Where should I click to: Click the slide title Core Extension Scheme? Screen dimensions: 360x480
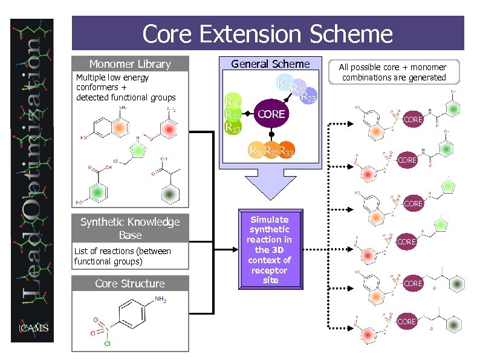[267, 34]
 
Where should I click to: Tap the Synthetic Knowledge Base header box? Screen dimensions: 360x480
[130, 229]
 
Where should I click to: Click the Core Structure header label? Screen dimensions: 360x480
[130, 284]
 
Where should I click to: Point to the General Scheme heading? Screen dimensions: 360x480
[270, 64]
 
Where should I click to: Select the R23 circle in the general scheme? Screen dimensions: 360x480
[308, 96]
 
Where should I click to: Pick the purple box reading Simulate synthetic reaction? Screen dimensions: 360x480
[270, 250]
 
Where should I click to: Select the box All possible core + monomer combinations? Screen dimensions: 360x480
[392, 72]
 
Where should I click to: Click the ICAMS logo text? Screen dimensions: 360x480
[33, 329]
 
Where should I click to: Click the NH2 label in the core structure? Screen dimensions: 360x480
[160, 300]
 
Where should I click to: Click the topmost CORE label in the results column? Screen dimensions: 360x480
[413, 120]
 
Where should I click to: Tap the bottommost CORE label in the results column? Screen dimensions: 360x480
[406, 321]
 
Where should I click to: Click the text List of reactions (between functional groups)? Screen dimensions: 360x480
[122, 256]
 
